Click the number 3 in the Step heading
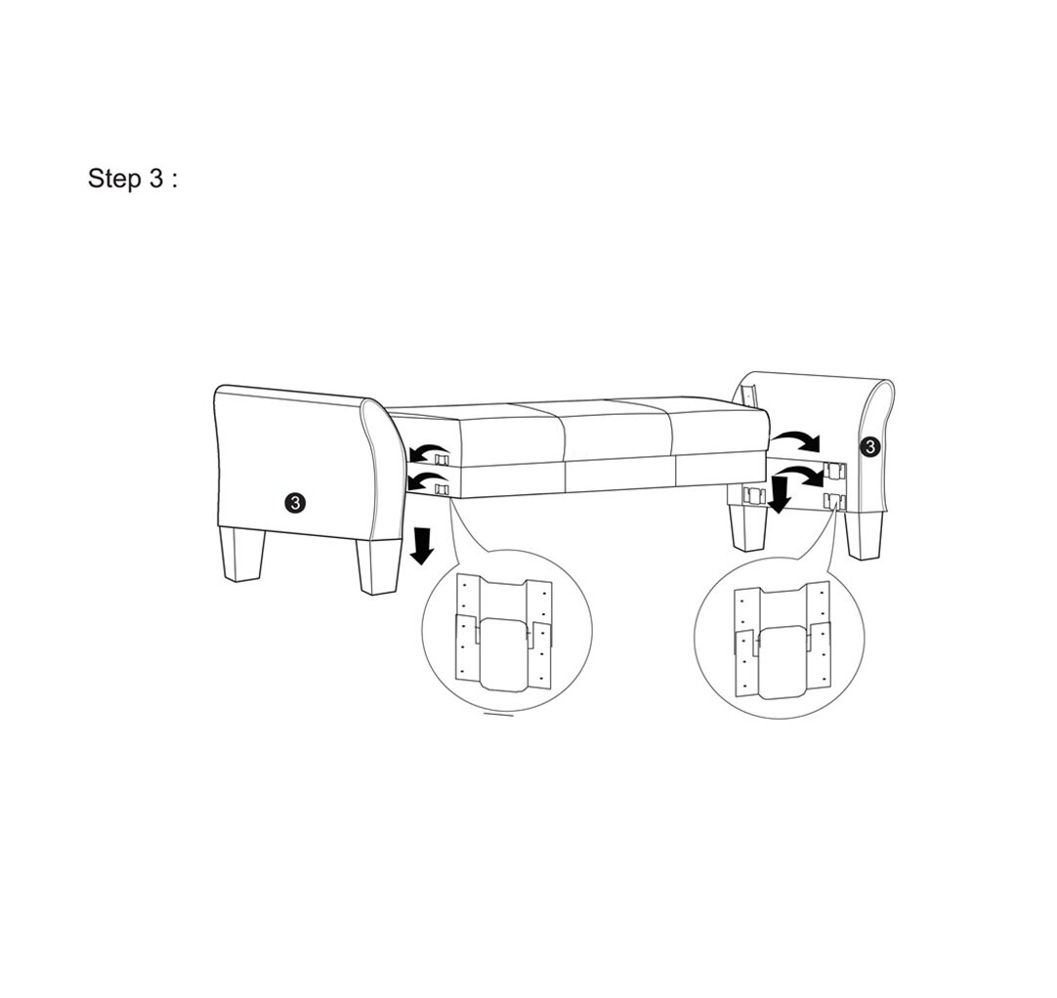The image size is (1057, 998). [x=156, y=180]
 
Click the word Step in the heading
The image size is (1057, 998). [x=114, y=180]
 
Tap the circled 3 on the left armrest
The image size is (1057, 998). [x=296, y=503]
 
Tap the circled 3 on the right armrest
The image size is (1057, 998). [x=869, y=446]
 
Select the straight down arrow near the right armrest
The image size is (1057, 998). [x=780, y=493]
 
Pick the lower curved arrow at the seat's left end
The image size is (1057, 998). [x=422, y=479]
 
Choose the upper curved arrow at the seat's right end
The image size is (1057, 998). [x=795, y=437]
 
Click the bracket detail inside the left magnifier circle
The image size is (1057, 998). [x=504, y=634]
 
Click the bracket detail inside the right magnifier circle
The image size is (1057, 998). [x=782, y=639]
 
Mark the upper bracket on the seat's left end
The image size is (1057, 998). [x=443, y=457]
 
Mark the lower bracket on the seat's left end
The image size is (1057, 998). [x=443, y=485]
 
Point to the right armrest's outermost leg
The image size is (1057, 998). [x=865, y=534]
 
